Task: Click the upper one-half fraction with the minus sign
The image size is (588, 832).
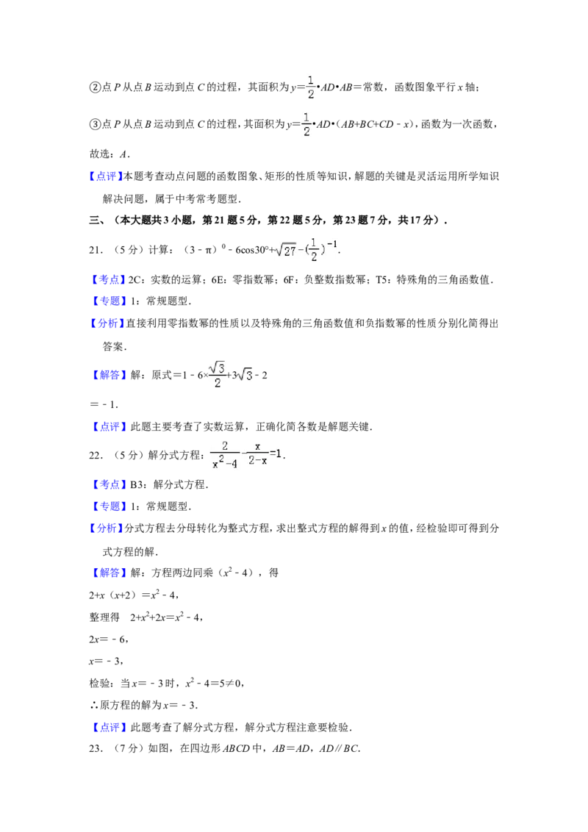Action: point(309,85)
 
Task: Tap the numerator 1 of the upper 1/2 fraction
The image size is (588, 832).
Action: point(311,79)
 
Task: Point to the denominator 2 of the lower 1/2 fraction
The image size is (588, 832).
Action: point(306,132)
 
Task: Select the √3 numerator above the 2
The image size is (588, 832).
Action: point(217,367)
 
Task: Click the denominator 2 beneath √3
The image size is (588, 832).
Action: point(218,383)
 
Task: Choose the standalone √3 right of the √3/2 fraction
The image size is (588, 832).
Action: point(244,375)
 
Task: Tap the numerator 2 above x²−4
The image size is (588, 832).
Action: point(225,445)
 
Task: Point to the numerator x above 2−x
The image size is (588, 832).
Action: point(257,445)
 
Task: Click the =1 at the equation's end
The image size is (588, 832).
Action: point(276,454)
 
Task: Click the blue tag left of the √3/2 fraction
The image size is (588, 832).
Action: point(110,375)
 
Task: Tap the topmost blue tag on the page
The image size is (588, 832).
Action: point(106,176)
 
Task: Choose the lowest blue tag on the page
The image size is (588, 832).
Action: point(110,727)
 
